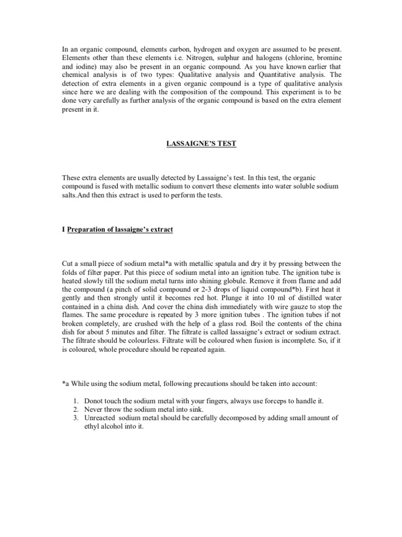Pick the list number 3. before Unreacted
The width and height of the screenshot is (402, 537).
(75, 417)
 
